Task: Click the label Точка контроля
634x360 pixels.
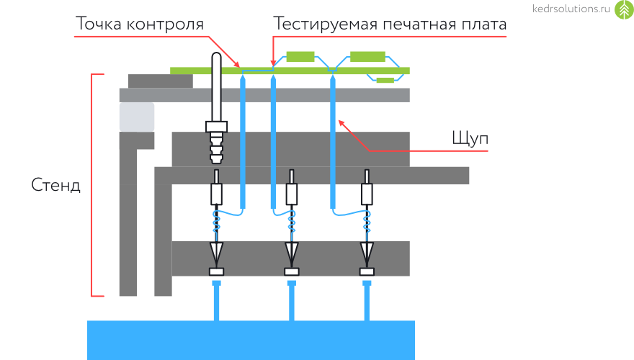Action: [x=140, y=24]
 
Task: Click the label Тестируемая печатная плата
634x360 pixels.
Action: [x=390, y=24]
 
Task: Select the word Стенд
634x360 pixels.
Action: [x=56, y=185]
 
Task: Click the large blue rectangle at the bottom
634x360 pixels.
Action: [x=251, y=339]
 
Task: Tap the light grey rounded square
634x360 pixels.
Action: [x=137, y=117]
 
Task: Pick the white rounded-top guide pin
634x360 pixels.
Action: [x=216, y=86]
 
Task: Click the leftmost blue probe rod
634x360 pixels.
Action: [x=244, y=140]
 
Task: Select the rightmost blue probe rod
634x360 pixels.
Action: [x=334, y=140]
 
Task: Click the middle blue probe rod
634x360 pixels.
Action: [x=273, y=140]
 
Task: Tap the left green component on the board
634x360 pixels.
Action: [x=300, y=56]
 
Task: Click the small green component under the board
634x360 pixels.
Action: [x=385, y=80]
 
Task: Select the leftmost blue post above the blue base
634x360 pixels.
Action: [x=215, y=301]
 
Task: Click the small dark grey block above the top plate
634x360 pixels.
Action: [x=160, y=81]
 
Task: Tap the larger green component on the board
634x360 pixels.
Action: [x=368, y=56]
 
